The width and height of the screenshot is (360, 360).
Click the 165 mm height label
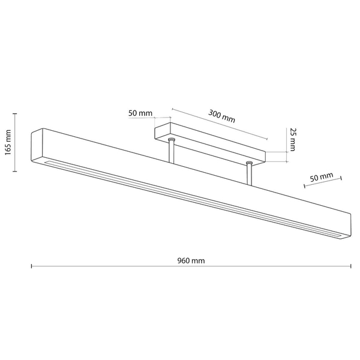pyautogui.click(x=8, y=142)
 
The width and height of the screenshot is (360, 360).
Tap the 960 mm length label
pyautogui.click(x=191, y=261)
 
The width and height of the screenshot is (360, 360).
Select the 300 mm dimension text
pyautogui.click(x=221, y=116)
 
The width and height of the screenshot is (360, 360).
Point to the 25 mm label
pyautogui.click(x=292, y=140)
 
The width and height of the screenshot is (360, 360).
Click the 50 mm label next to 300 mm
pyautogui.click(x=140, y=113)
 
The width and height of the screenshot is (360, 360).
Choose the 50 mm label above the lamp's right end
pyautogui.click(x=322, y=177)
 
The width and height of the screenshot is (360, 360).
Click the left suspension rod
pyautogui.click(x=171, y=152)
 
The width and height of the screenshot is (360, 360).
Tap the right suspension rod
pyautogui.click(x=249, y=175)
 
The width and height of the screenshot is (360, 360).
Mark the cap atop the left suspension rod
pyautogui.click(x=171, y=139)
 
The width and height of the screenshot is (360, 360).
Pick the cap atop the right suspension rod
pyautogui.click(x=249, y=163)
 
